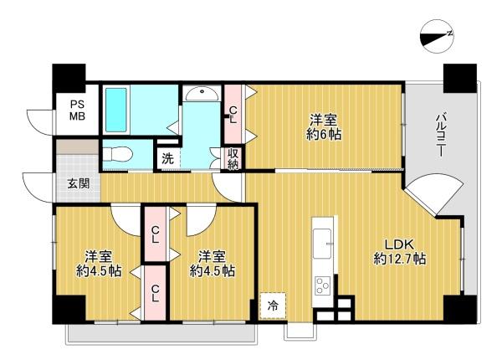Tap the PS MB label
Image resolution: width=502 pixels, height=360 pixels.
pos(78,110)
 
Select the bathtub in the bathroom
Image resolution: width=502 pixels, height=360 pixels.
pos(116,110)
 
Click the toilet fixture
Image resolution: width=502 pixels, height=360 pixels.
pos(118,154)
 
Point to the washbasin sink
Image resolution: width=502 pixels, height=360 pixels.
pos(202,94)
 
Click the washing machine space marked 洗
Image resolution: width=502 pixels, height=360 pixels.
pos(168,158)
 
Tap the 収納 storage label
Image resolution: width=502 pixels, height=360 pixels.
pos(233,158)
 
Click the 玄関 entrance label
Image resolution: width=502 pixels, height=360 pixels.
pos(78,184)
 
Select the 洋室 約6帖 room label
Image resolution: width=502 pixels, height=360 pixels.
pos(323,126)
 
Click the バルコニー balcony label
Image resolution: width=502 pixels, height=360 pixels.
pos(441,134)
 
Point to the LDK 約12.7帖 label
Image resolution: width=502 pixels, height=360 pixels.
pos(400,252)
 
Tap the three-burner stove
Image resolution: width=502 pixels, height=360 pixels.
pos(323,285)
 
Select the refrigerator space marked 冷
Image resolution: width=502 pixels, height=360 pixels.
pos(273,306)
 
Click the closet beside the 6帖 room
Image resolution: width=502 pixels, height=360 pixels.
pos(233,115)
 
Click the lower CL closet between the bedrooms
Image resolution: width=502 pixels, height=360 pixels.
pos(155,293)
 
